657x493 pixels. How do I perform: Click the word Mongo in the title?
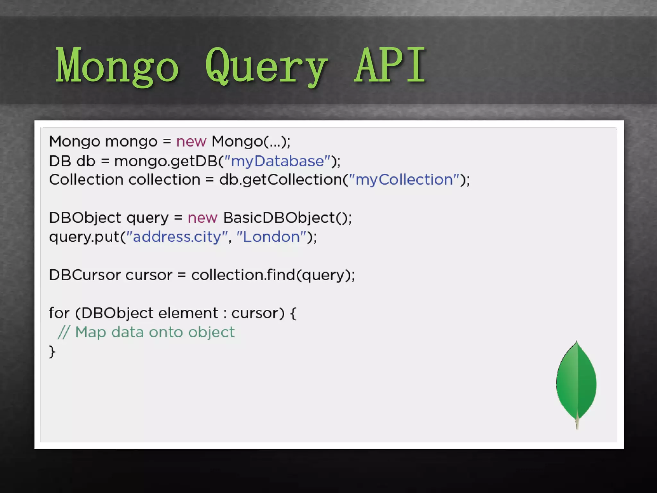117,66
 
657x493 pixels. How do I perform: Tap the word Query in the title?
266,66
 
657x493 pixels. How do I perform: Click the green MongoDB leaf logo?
576,384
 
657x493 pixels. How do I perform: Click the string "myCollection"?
404,179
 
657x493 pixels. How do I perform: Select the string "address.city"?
177,237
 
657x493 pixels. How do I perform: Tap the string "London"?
271,237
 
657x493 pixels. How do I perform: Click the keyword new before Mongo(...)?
191,142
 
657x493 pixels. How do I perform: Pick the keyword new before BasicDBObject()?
202,218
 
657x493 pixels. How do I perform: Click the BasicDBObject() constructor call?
287,218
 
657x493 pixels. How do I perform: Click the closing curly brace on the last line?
52,351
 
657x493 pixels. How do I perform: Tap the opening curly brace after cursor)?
293,313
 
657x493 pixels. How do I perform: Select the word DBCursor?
84,275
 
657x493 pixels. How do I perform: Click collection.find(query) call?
273,275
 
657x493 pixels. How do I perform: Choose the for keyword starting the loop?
59,313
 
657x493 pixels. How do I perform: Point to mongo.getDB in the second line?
166,161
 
